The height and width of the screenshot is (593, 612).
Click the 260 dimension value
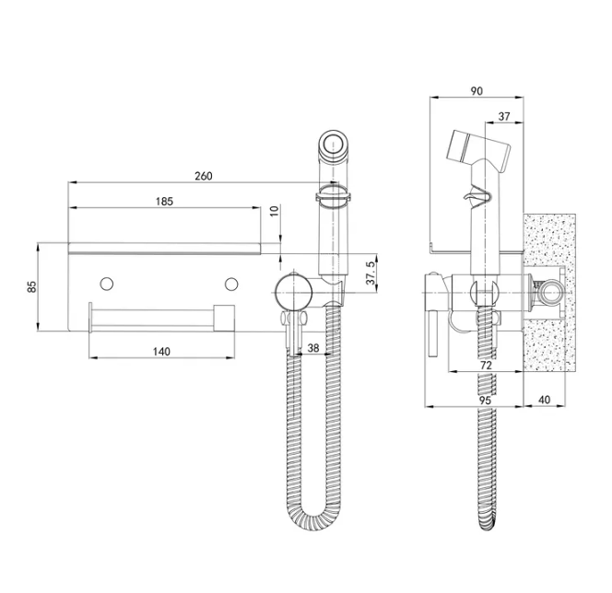pyautogui.click(x=204, y=176)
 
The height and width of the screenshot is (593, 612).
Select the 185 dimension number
pyautogui.click(x=164, y=201)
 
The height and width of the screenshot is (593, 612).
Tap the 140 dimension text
pyautogui.click(x=161, y=352)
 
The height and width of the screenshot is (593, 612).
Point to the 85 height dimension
pyautogui.click(x=32, y=287)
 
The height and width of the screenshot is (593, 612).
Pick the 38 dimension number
pyautogui.click(x=313, y=348)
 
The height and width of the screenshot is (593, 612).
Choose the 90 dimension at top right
pyautogui.click(x=477, y=91)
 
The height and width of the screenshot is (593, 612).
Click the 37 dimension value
pyautogui.click(x=504, y=116)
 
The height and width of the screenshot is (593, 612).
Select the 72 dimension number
pyautogui.click(x=486, y=366)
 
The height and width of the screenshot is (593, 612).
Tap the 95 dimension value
pyautogui.click(x=485, y=401)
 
